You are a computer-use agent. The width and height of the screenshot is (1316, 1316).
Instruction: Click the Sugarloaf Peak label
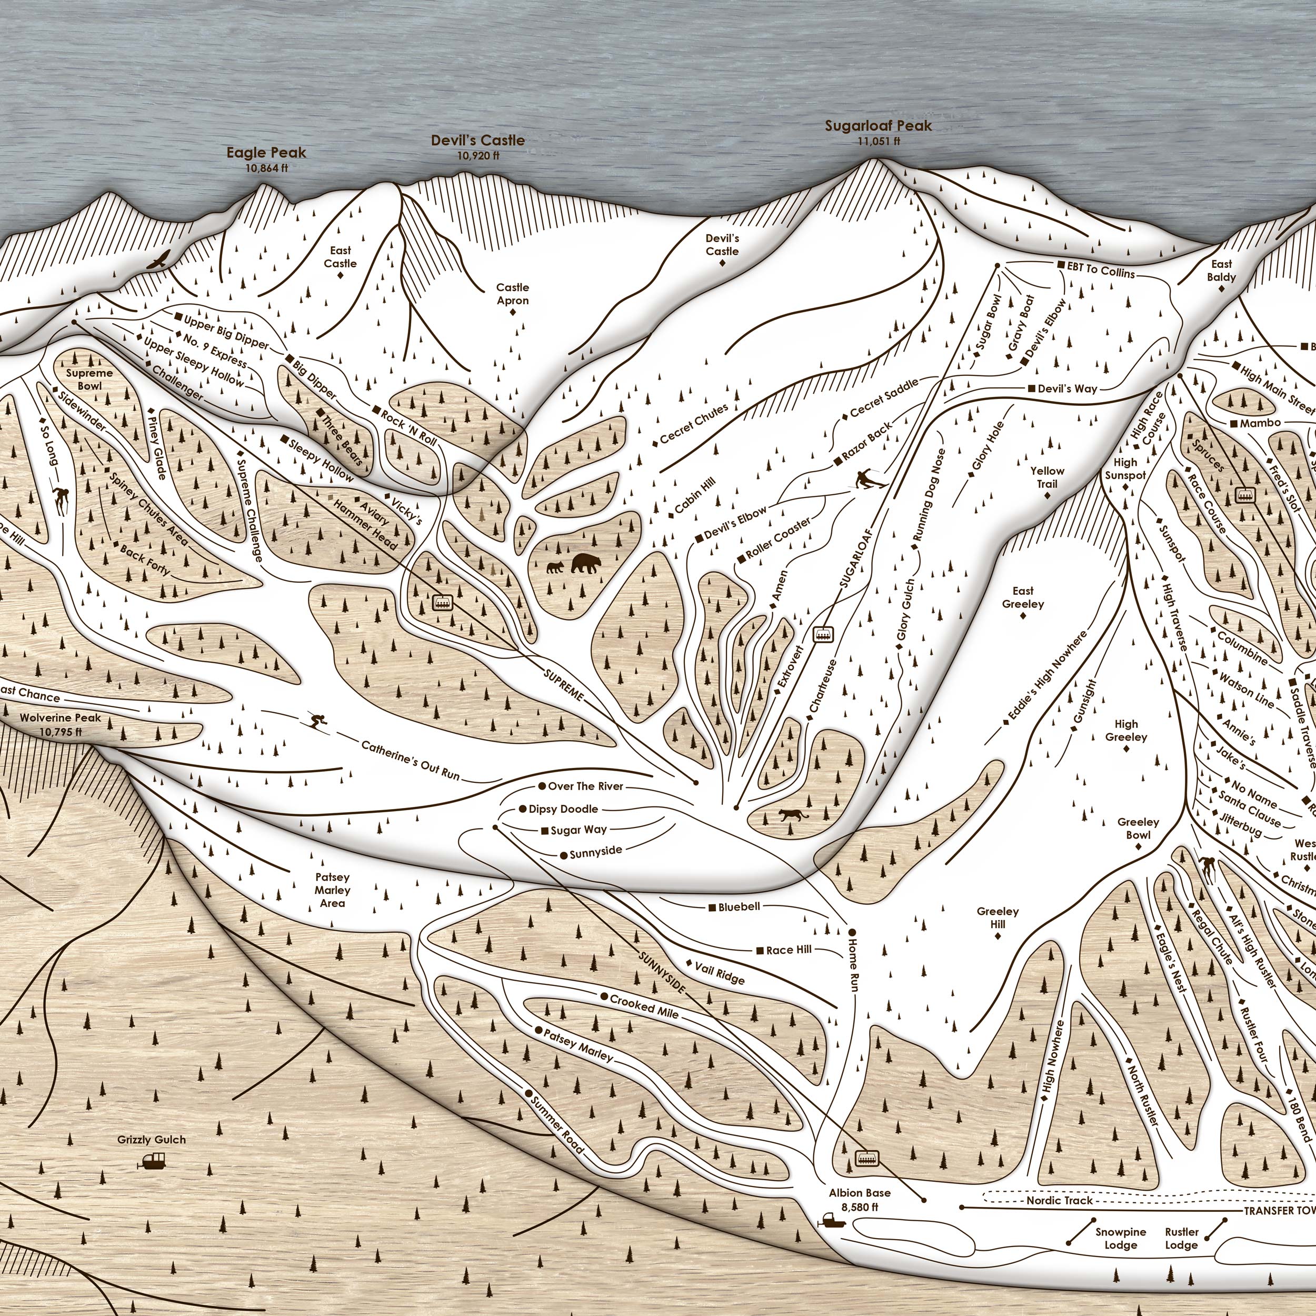[x=878, y=126]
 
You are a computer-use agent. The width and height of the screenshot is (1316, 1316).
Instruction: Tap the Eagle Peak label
[x=266, y=153]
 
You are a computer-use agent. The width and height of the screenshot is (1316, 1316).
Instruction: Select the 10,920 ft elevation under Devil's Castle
[x=478, y=155]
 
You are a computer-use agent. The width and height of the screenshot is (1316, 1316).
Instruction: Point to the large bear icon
[x=586, y=563]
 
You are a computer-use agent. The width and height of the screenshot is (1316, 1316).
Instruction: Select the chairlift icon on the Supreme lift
[x=443, y=602]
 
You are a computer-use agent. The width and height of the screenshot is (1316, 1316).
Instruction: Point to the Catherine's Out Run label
[x=410, y=760]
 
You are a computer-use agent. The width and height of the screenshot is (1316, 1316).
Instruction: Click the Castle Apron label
[x=512, y=294]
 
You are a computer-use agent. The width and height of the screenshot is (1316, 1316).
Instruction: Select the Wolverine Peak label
[x=60, y=718]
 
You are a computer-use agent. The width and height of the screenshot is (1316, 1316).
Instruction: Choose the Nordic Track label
[x=1059, y=1200]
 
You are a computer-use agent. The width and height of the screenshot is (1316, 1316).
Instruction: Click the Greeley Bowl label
[x=1138, y=828]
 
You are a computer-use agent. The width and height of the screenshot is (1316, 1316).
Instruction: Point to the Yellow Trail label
[x=1047, y=477]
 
